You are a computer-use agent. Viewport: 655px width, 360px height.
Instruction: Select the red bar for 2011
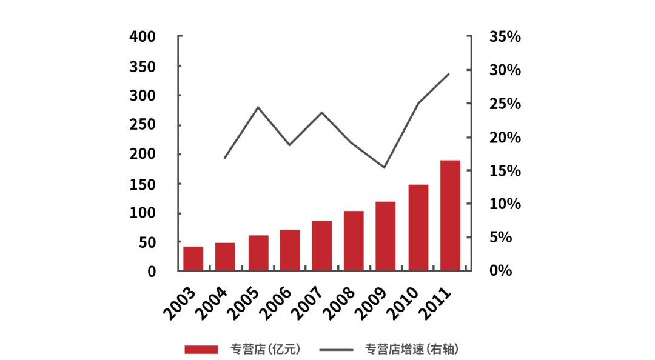pyautogui.click(x=450, y=215)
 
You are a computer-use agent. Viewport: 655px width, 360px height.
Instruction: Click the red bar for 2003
pyautogui.click(x=193, y=258)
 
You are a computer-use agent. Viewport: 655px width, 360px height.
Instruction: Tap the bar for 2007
pyautogui.click(x=322, y=245)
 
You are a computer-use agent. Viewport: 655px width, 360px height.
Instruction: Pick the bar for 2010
pyautogui.click(x=418, y=227)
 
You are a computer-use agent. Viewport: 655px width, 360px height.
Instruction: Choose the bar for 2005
pyautogui.click(x=258, y=253)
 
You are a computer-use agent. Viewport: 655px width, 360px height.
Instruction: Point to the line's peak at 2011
pyautogui.click(x=449, y=74)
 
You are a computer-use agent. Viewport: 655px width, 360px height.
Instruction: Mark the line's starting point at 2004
pyautogui.click(x=225, y=158)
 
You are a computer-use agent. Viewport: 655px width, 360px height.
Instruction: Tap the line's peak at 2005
pyautogui.click(x=258, y=107)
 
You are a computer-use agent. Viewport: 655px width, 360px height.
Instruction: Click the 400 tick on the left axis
pyautogui.click(x=143, y=37)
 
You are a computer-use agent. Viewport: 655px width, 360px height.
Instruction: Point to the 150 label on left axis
pyautogui.click(x=143, y=184)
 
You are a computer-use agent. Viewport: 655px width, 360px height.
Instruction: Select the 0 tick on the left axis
pyautogui.click(x=151, y=272)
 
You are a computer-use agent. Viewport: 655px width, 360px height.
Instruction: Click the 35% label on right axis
pyautogui.click(x=505, y=37)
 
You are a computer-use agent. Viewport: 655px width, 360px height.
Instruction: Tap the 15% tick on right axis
pyautogui.click(x=505, y=171)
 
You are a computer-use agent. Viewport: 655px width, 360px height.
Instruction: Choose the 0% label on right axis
pyautogui.click(x=501, y=271)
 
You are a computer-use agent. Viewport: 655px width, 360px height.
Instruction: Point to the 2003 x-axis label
pyautogui.click(x=180, y=302)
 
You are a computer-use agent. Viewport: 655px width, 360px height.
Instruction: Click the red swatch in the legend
pyautogui.click(x=201, y=349)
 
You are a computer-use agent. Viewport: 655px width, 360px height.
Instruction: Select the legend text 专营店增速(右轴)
pyautogui.click(x=411, y=349)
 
